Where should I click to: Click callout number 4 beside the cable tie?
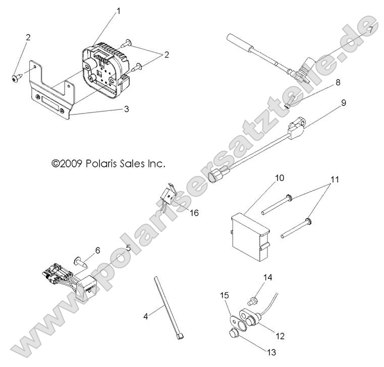[x=146, y=316]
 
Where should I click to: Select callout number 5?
[x=128, y=248]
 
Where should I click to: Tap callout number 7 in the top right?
[x=370, y=30]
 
